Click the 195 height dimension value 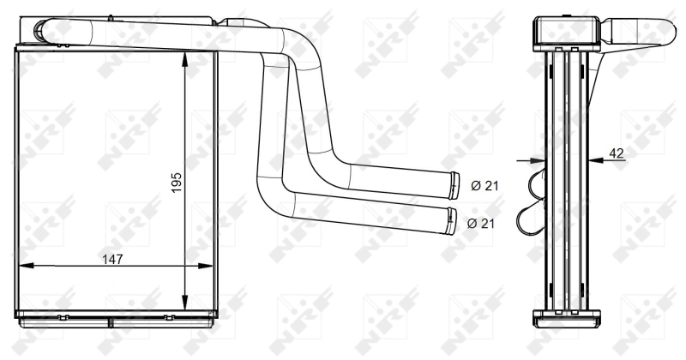[x=177, y=182]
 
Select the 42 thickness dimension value [x=616, y=153]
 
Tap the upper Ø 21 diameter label [x=484, y=184]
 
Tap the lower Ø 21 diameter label [x=483, y=223]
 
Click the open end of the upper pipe [x=452, y=183]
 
